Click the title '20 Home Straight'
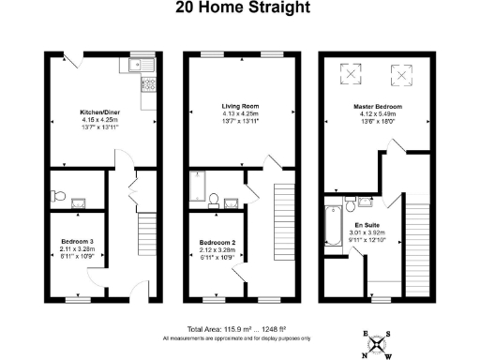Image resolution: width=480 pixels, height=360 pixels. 239,8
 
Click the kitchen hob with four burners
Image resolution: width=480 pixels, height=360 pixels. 148,84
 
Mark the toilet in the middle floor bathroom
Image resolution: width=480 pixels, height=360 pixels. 216,198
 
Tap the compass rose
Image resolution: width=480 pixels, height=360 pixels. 378,344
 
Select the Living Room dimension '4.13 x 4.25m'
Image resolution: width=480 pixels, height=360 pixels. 239,114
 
